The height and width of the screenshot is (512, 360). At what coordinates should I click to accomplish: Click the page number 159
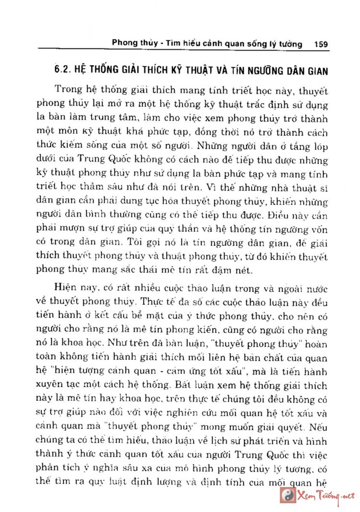coord(320,44)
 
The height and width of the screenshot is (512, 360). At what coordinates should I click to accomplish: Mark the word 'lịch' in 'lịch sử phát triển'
coord(219,440)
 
